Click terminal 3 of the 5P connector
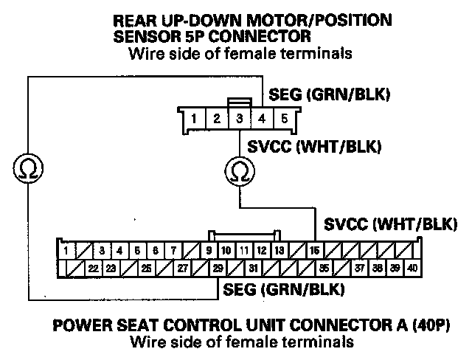(239, 118)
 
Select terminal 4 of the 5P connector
(262, 118)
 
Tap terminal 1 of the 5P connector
(193, 118)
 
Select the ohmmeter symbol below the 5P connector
(238, 171)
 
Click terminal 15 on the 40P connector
(315, 251)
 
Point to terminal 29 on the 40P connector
(218, 268)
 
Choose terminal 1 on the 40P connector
(66, 251)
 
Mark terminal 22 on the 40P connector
(94, 268)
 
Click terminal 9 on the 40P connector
(209, 251)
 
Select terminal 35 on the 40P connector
(324, 268)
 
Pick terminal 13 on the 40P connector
(280, 251)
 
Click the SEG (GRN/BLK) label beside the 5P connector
(329, 96)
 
